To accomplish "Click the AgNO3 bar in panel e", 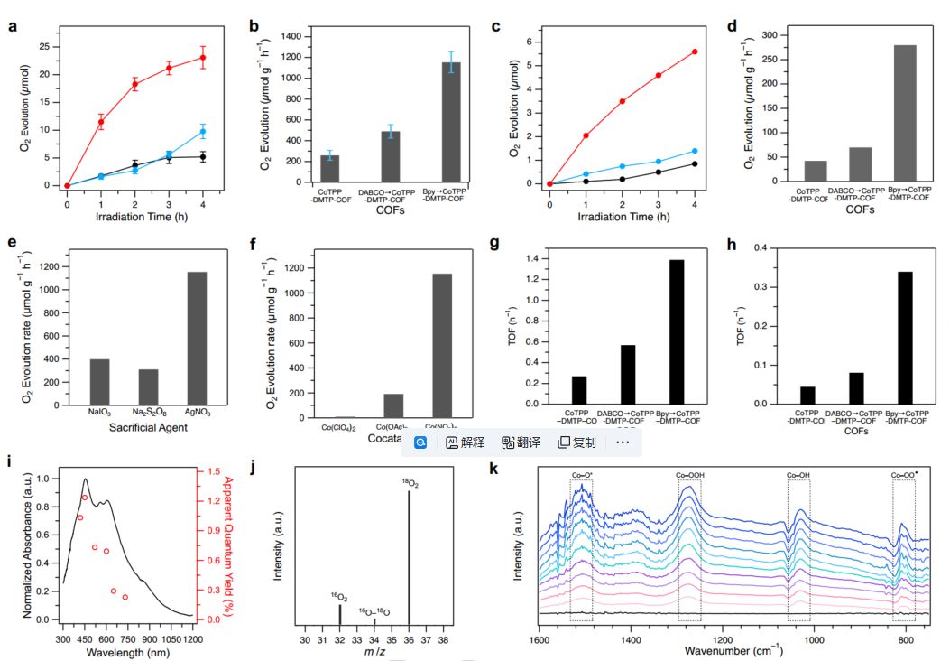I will coord(196,340).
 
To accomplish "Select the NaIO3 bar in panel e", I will coord(99,384).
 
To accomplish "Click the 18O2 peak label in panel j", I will coord(411,483).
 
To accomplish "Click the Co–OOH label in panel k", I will coord(690,474).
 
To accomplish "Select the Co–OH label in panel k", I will coord(798,474).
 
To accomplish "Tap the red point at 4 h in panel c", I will coord(694,51).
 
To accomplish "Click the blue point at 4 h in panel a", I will coord(203,132).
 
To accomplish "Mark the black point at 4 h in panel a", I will coord(203,157).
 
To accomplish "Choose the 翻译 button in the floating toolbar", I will coord(523,442).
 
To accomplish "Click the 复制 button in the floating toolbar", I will coord(577,442).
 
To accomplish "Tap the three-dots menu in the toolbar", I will coord(623,442).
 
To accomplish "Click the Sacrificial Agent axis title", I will coord(149,427).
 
